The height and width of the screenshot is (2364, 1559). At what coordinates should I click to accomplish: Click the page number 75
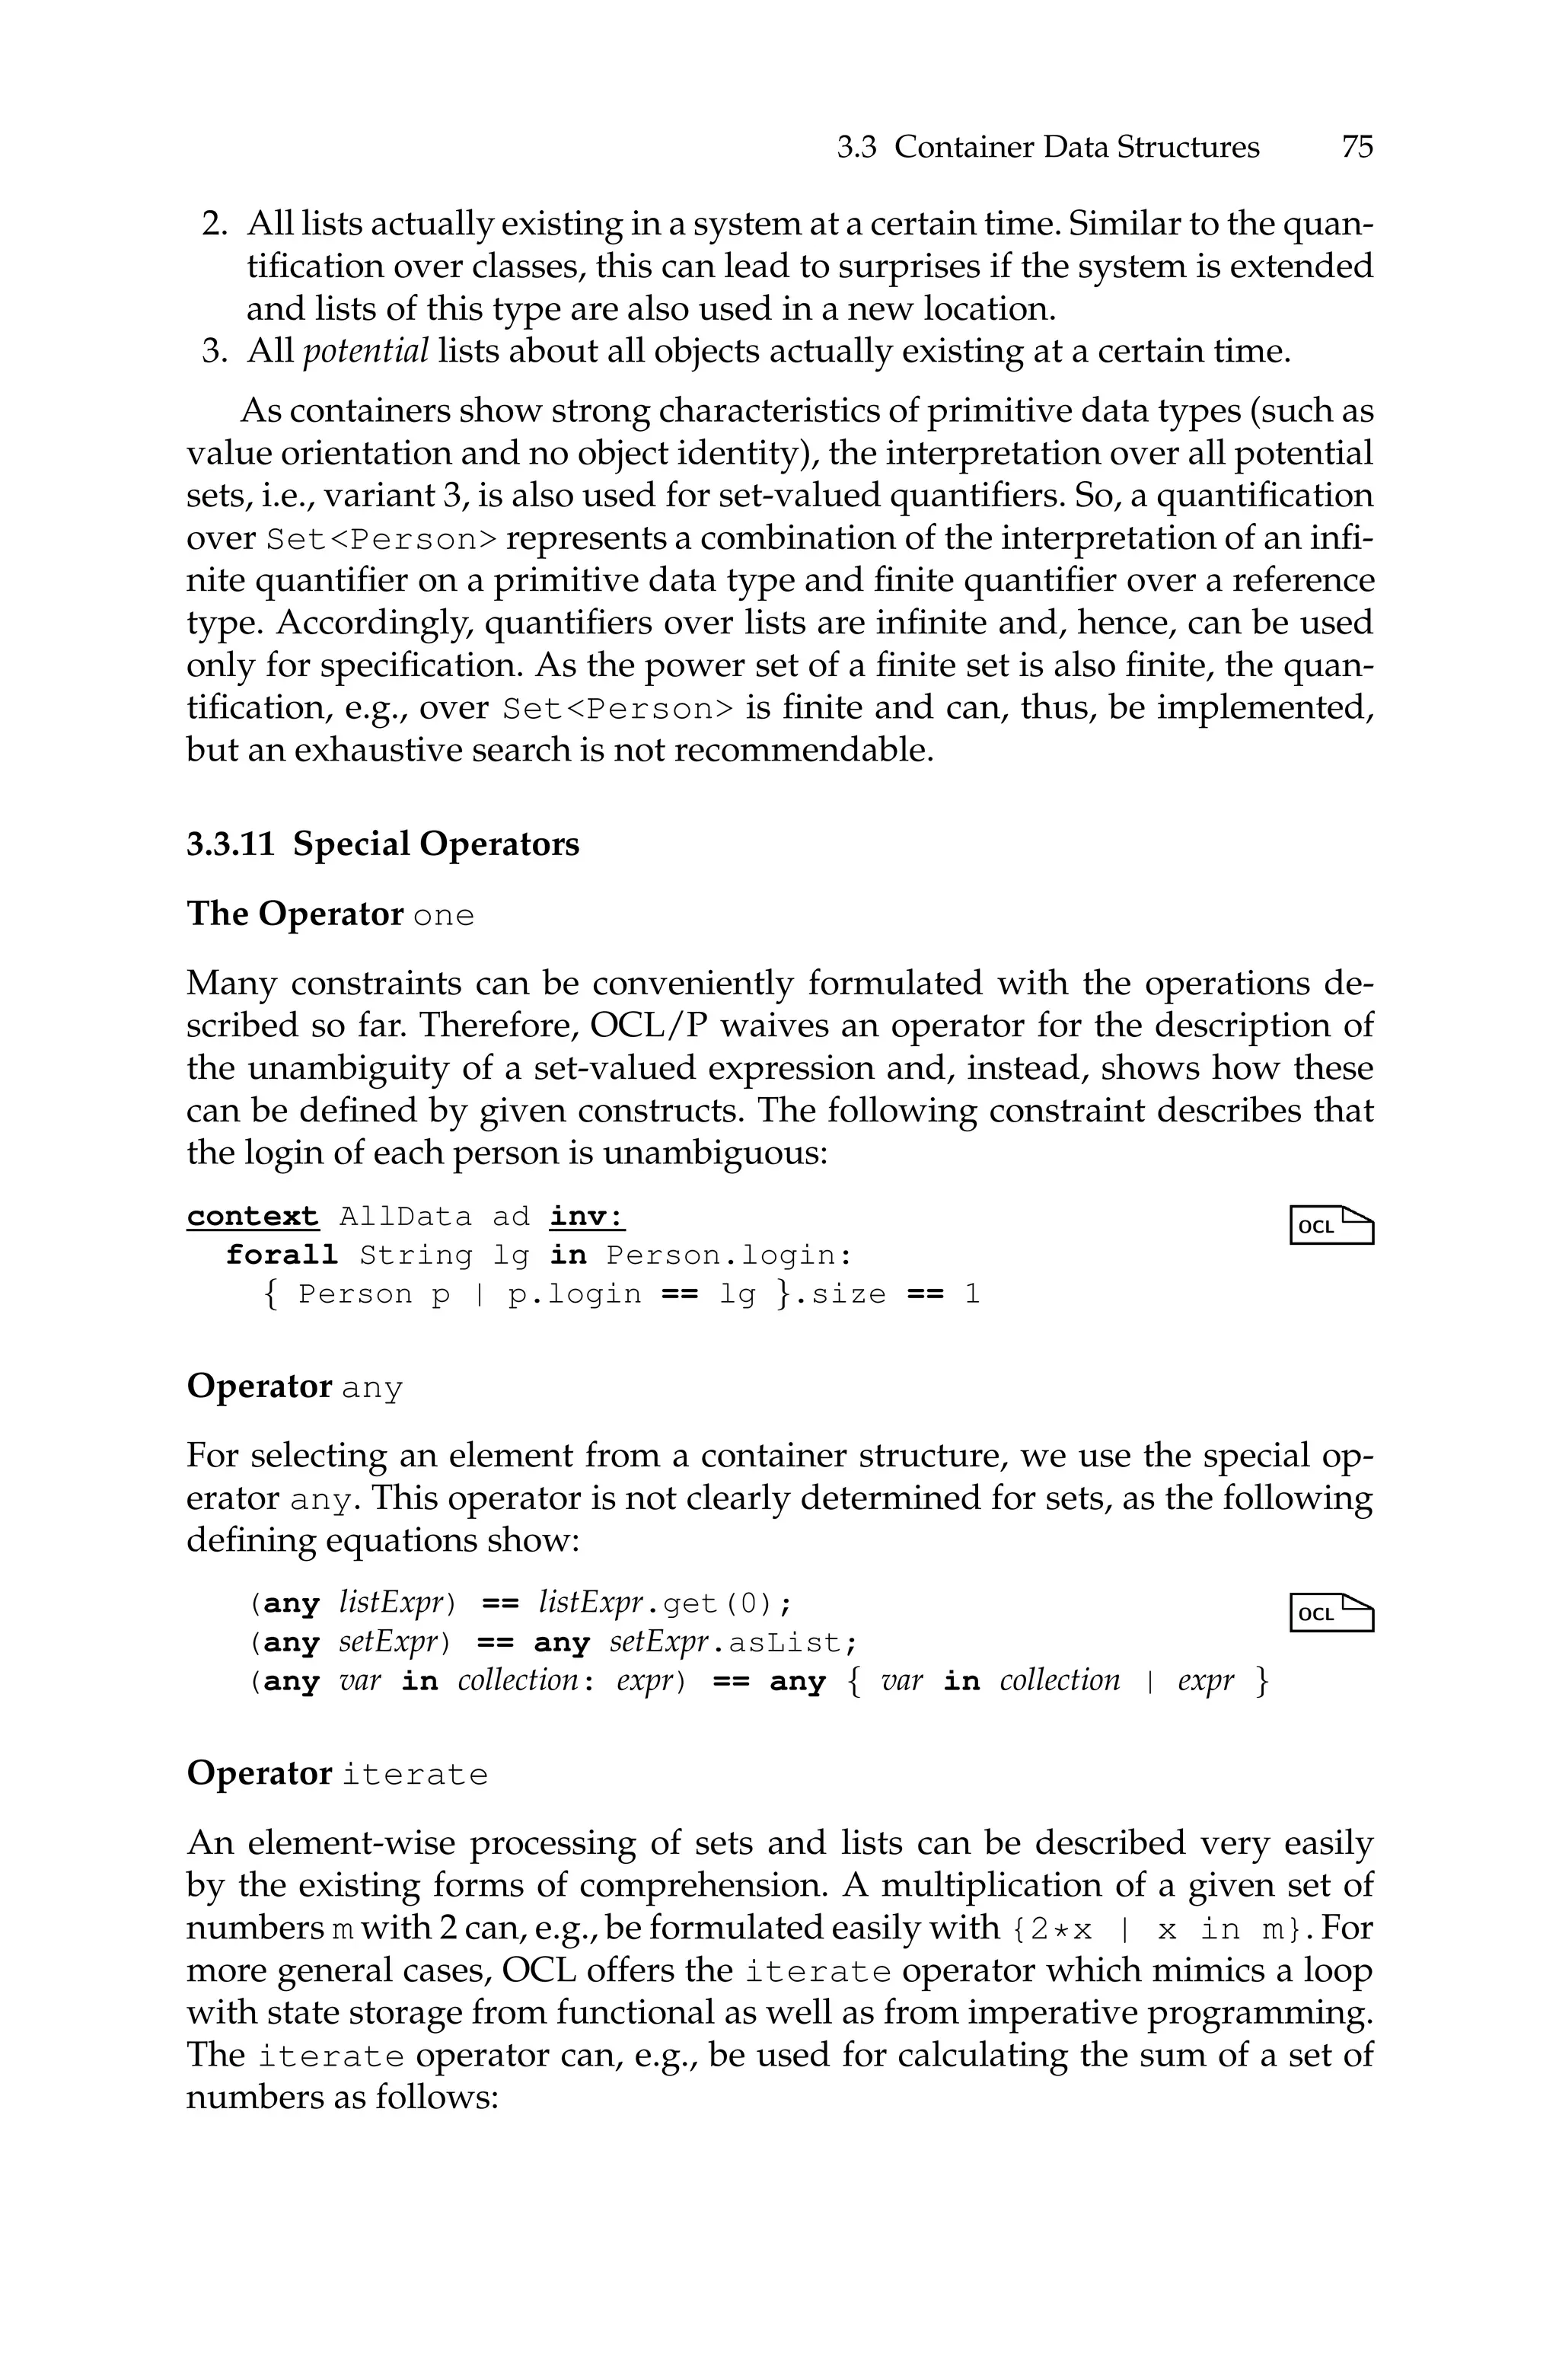1357,147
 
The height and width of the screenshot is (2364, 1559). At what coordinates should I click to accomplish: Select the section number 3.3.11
231,844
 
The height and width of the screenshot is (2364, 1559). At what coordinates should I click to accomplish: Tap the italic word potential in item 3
365,351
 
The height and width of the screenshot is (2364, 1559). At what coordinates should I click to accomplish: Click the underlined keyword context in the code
253,1217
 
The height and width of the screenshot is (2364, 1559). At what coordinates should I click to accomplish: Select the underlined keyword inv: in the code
587,1217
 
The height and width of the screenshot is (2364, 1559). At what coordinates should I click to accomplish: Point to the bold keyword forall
282,1255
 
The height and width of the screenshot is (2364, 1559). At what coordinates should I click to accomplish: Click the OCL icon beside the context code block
1331,1225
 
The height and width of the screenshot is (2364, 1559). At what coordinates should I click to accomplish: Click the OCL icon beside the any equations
1331,1613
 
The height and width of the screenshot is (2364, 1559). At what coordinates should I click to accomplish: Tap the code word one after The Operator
444,916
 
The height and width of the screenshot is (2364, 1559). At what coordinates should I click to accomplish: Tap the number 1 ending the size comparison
971,1294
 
